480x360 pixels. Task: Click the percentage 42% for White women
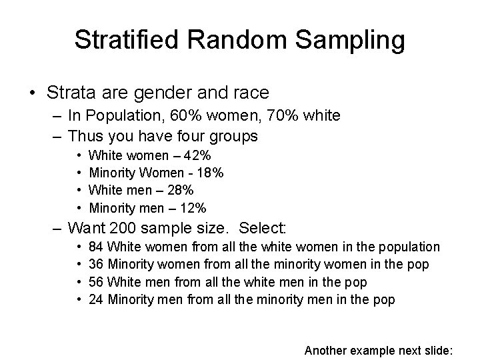198,155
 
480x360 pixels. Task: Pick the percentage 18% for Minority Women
210,173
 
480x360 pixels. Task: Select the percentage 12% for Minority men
193,207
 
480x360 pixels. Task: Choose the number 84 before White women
96,247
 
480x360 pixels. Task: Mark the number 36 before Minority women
96,265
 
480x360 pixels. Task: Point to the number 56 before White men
96,282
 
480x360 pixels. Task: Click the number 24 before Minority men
96,299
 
